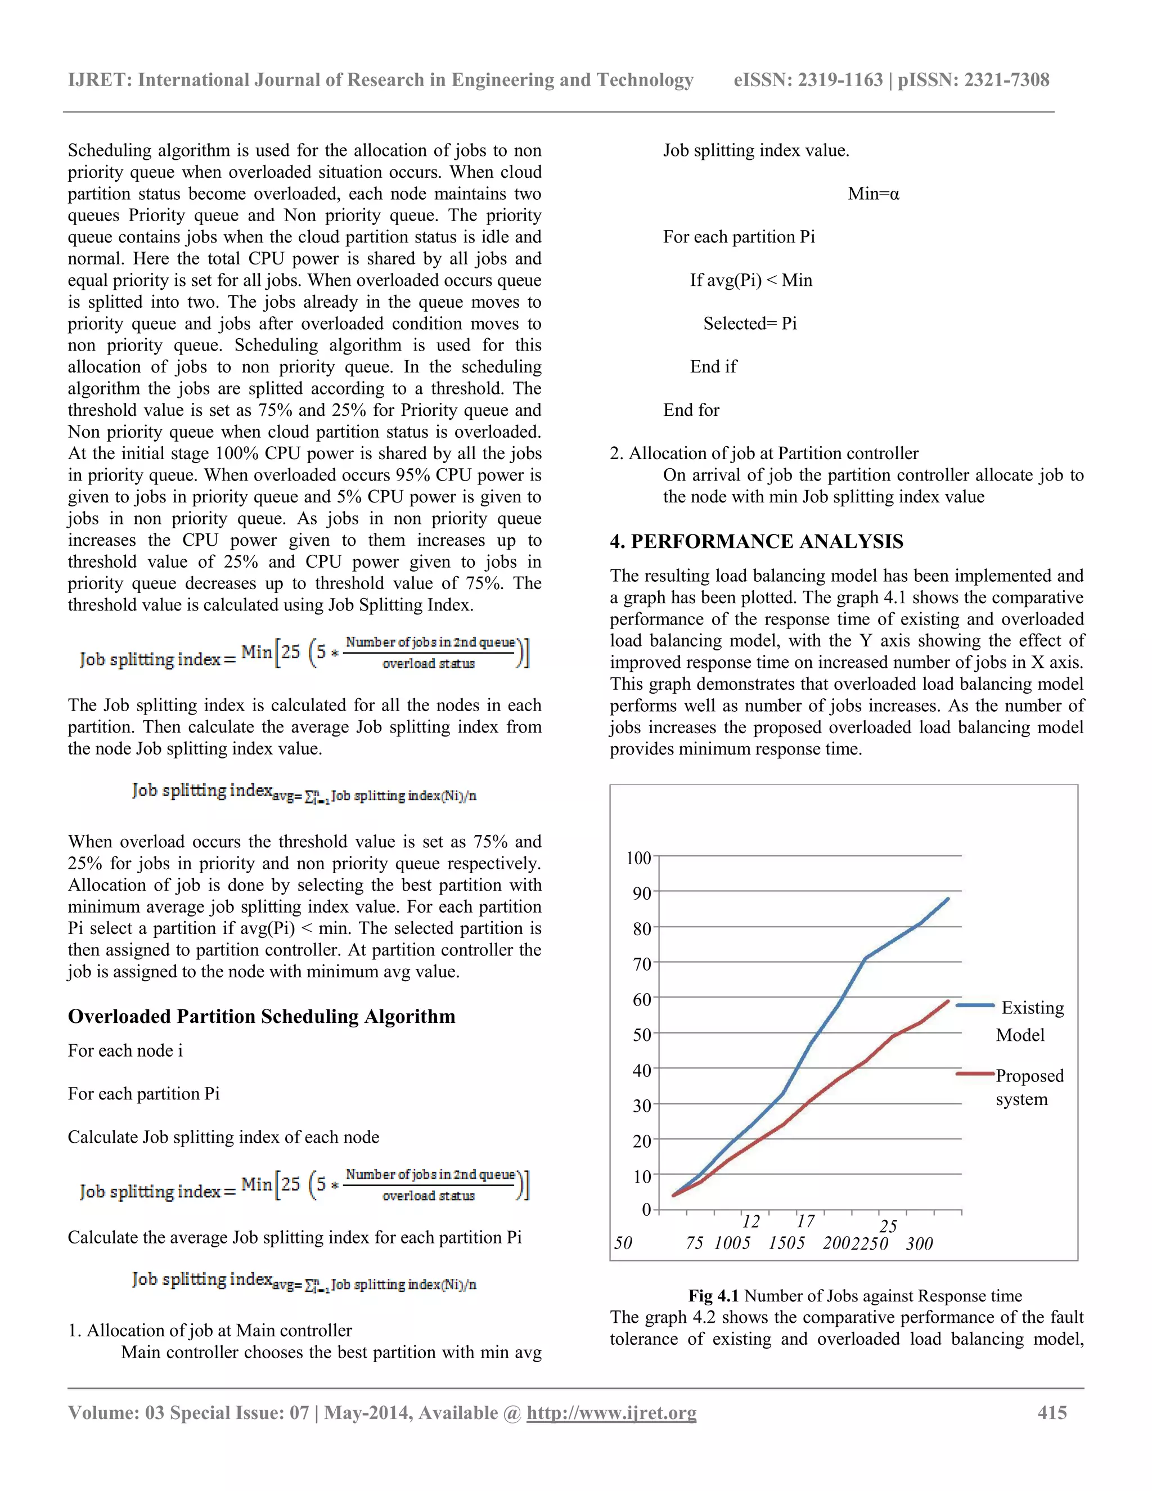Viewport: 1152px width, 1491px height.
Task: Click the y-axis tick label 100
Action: point(638,857)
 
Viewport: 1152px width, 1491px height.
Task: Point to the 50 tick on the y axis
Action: point(641,1035)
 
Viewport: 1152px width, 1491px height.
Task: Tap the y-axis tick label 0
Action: point(646,1210)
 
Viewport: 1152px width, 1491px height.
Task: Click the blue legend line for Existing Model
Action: point(975,1005)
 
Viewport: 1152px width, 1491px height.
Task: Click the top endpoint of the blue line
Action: point(948,899)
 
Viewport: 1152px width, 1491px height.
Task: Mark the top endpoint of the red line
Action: point(948,1002)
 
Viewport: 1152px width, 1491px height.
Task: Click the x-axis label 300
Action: point(919,1244)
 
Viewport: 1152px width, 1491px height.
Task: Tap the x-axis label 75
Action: point(694,1244)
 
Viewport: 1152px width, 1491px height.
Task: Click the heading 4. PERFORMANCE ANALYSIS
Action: point(756,541)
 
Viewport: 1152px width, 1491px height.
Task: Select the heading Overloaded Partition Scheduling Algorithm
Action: point(262,1017)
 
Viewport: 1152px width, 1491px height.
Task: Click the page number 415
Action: point(1052,1412)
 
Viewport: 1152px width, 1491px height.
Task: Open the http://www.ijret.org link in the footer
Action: point(611,1412)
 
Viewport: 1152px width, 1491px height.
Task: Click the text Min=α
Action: point(873,194)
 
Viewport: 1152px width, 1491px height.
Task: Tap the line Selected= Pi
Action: point(750,324)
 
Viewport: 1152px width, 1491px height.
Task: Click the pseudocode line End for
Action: point(691,410)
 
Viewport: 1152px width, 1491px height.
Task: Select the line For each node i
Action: point(125,1050)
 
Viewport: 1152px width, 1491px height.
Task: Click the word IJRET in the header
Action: point(99,80)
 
